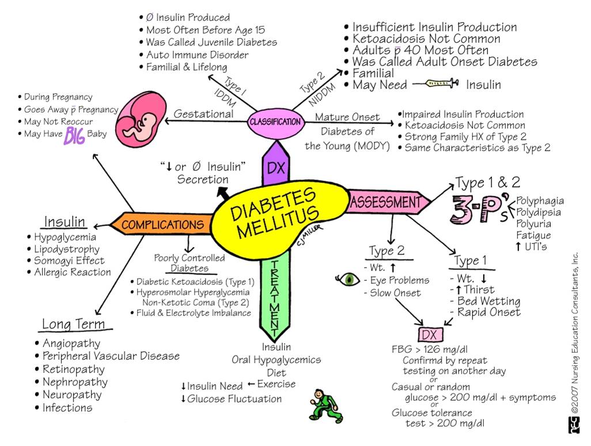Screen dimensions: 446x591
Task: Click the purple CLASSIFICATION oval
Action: click(x=275, y=122)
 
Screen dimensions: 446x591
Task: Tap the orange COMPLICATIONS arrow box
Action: click(x=161, y=224)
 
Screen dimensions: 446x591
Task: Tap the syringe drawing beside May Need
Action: click(x=433, y=85)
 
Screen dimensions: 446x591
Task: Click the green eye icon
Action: click(x=348, y=280)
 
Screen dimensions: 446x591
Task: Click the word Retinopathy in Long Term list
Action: click(x=74, y=369)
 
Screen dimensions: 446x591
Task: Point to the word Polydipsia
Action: click(x=539, y=212)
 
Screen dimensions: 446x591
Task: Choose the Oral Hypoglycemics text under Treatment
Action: click(x=276, y=360)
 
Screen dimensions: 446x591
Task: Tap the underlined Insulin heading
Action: click(x=65, y=222)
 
